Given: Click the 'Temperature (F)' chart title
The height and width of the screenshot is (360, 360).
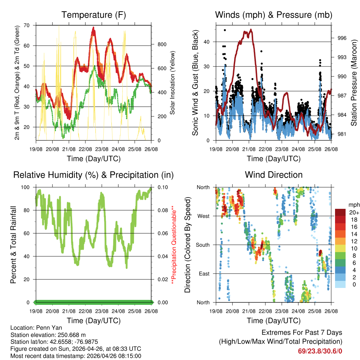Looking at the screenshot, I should coord(94,15).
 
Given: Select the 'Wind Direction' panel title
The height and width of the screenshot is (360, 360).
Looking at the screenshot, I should coord(274,174).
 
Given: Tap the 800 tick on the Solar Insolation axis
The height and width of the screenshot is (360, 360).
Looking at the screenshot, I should coord(162,44).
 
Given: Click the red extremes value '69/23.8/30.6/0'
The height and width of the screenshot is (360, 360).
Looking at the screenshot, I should coord(320,351).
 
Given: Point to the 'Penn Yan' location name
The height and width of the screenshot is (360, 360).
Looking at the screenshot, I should coord(43,328).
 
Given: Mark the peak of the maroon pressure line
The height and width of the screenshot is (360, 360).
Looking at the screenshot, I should coord(251,30).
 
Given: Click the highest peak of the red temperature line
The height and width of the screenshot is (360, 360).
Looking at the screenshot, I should coord(93,27).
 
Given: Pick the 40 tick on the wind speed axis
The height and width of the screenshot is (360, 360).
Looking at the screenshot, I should coord(207,42).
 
